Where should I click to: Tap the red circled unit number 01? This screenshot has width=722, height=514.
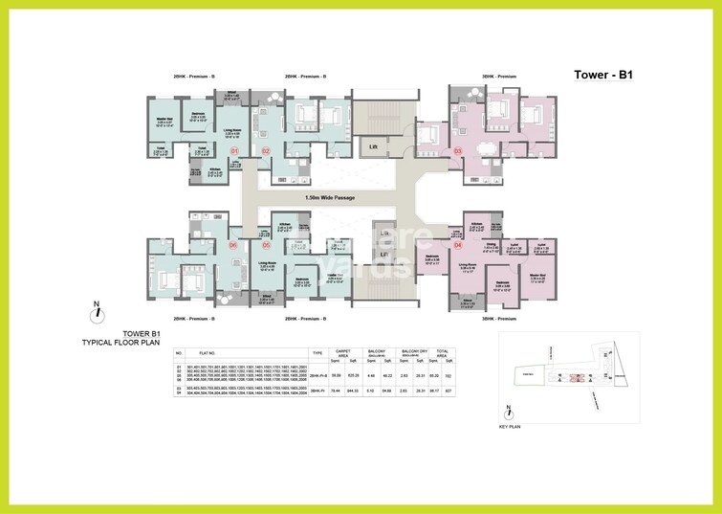234,150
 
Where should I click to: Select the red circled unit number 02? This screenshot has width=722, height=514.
266,150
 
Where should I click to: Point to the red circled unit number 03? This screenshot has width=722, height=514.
457,150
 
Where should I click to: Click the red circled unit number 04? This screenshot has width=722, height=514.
457,245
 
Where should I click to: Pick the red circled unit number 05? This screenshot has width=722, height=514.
266,245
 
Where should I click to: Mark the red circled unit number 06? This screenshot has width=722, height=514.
234,245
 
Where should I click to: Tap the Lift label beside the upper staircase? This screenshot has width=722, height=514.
374,146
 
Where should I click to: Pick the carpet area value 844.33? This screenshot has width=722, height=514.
350,391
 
